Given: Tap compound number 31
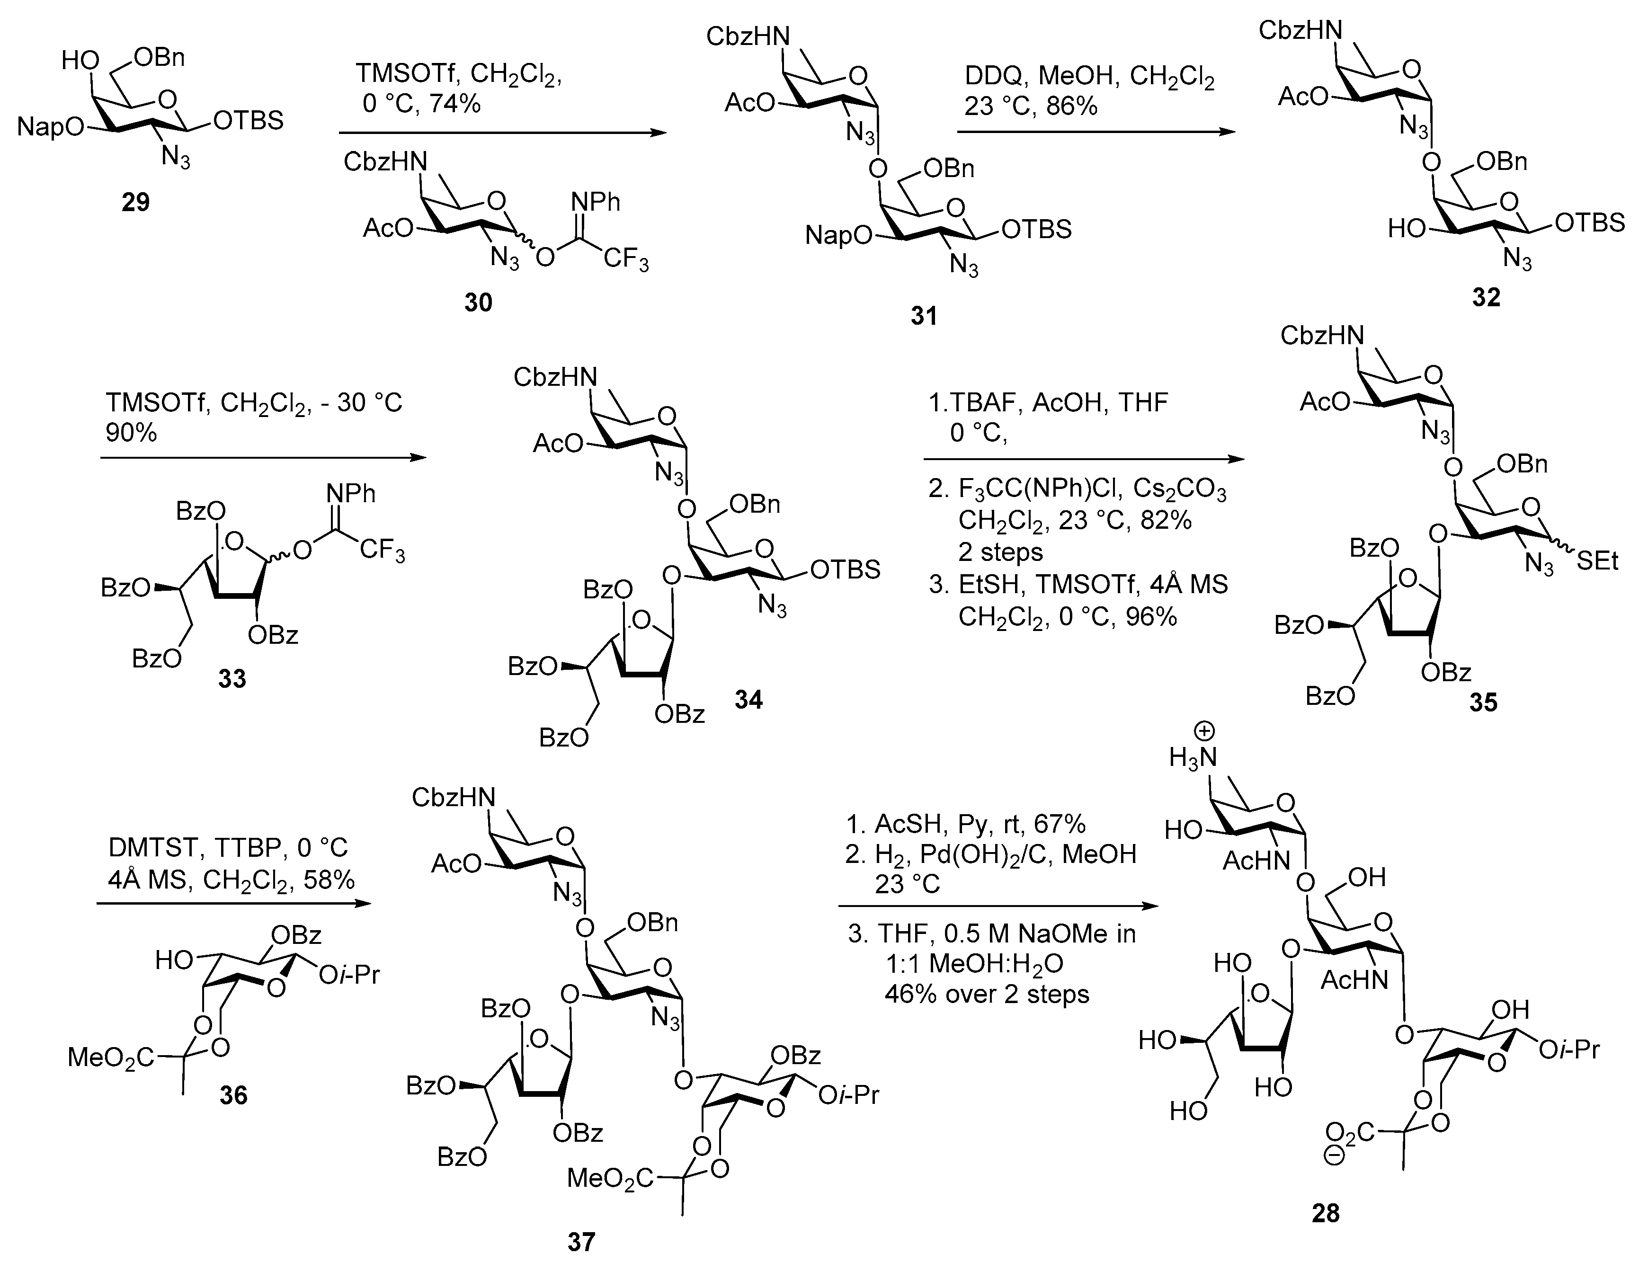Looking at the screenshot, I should pyautogui.click(x=924, y=316).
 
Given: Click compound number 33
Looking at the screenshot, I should pyautogui.click(x=232, y=678).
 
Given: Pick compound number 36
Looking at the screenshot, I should pyautogui.click(x=233, y=1095).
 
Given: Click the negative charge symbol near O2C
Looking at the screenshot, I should pyautogui.click(x=1334, y=1157).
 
